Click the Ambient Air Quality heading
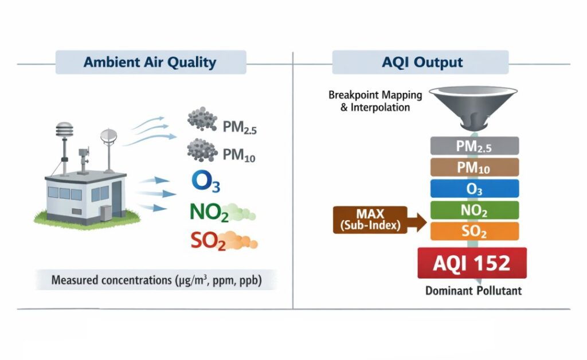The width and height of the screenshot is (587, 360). click(150, 62)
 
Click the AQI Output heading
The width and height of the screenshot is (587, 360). click(422, 62)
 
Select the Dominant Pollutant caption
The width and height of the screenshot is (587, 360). click(473, 291)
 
